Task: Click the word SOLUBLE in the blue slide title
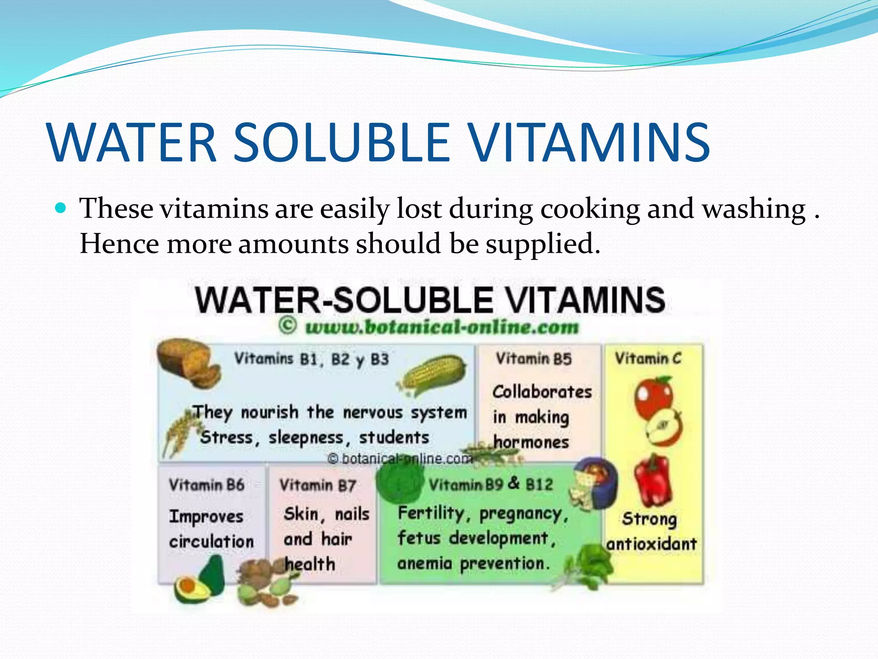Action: click(341, 143)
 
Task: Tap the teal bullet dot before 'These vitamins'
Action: click(61, 209)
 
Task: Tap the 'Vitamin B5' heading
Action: click(533, 359)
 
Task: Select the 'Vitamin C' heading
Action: click(648, 358)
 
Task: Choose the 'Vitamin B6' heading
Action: click(206, 485)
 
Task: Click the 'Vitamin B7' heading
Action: click(318, 485)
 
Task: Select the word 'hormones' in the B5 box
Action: click(531, 442)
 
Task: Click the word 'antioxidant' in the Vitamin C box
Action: click(652, 544)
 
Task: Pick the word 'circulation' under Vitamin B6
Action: click(211, 541)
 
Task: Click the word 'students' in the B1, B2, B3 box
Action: click(394, 438)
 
